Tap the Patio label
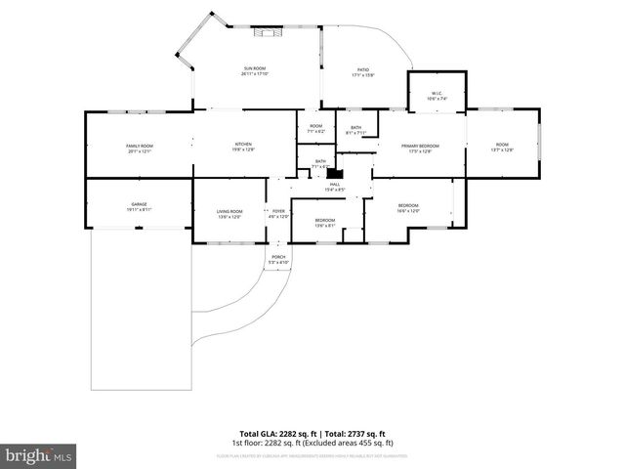(363, 71)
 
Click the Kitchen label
(242, 147)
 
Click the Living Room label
(229, 213)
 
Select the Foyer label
(278, 213)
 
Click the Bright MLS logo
(38, 455)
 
